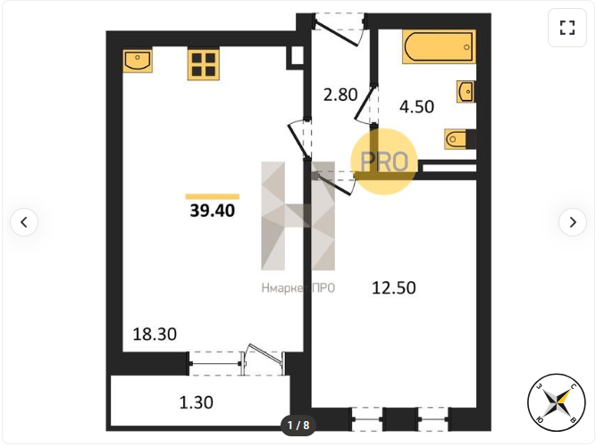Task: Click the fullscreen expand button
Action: click(x=567, y=28)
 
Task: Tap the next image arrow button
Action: click(x=573, y=222)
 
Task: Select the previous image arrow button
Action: click(x=24, y=222)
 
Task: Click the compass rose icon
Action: click(x=556, y=402)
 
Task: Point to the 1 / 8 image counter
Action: click(x=298, y=425)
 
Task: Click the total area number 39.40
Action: click(x=213, y=211)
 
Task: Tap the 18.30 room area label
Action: click(x=155, y=335)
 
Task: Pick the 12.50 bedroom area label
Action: click(x=394, y=288)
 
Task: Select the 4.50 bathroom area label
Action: click(x=416, y=107)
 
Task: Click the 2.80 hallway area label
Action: click(x=340, y=95)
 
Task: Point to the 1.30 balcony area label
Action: click(x=196, y=402)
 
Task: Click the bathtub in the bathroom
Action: click(x=439, y=46)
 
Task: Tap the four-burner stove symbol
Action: click(x=204, y=65)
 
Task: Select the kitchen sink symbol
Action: click(x=138, y=61)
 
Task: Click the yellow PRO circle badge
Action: click(x=384, y=161)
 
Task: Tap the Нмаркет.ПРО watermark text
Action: click(x=298, y=288)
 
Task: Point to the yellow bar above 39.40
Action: click(x=213, y=196)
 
